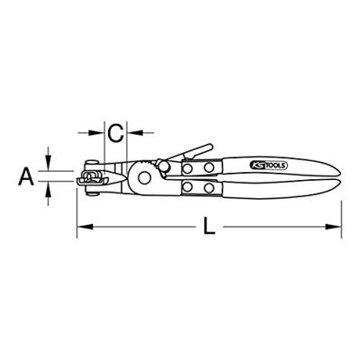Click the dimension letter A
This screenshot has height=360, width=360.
click(26, 176)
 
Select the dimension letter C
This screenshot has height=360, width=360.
click(115, 133)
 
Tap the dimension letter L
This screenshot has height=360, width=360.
click(209, 226)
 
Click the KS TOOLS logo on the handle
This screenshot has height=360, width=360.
click(268, 165)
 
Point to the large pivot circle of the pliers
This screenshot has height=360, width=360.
click(144, 177)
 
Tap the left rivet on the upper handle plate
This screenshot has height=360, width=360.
click(187, 168)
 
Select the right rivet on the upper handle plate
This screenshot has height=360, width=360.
click(209, 167)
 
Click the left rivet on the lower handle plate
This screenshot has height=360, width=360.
click(187, 187)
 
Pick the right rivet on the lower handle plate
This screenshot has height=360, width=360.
click(209, 188)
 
